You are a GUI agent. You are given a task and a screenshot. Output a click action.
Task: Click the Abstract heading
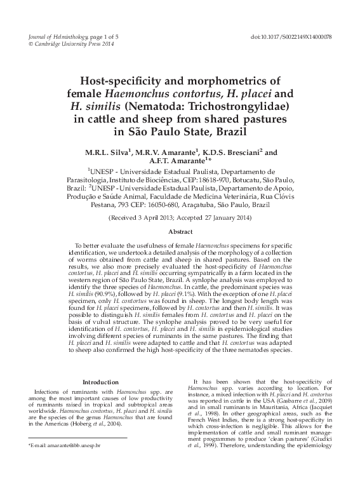tap(180, 232)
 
